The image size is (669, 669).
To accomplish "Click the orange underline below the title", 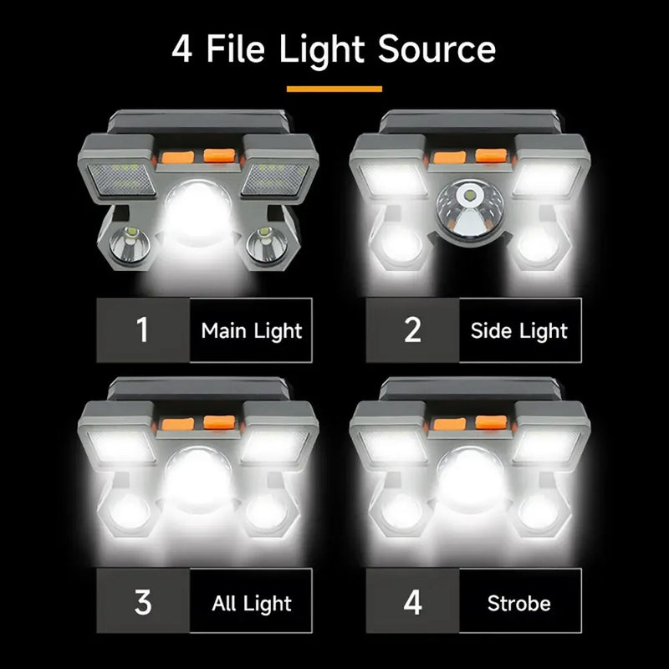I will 334,88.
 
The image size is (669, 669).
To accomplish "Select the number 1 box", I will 143,329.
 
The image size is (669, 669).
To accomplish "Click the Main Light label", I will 251,329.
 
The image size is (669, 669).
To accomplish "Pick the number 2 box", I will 413,329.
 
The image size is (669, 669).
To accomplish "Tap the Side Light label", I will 518,329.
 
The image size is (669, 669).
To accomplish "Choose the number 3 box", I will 143,601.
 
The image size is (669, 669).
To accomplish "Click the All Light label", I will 251,602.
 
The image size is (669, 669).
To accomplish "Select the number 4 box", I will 413,601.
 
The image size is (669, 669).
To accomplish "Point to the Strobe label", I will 518,602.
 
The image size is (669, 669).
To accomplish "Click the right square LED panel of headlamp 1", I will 273,178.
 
